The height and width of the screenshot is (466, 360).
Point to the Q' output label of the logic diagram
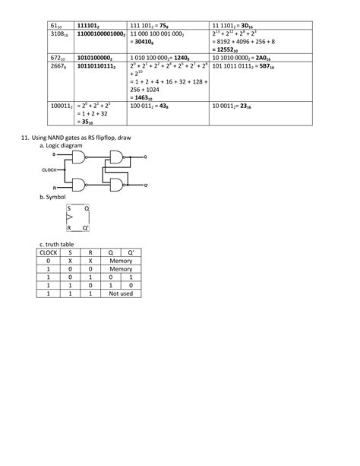coord(146,185)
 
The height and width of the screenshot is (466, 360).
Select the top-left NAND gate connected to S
coord(78,157)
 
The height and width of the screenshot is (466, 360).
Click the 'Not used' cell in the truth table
coord(121,292)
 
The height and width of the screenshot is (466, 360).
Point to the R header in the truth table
coord(90,252)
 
